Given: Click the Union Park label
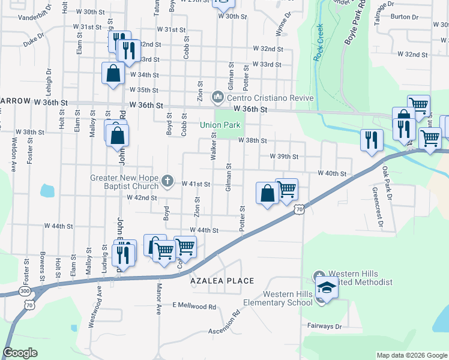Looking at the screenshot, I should coord(220,125).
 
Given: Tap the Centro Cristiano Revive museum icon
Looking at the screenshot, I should coord(218,97).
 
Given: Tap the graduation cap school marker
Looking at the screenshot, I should coord(327,289).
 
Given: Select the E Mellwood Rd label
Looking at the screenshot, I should coord(194,306).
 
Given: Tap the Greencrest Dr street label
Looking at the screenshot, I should coord(378,208).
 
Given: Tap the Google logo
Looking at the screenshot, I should coord(20,353).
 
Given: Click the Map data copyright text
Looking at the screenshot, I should coord(411,355).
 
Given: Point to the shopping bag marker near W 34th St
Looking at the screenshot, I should coord(113,74).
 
